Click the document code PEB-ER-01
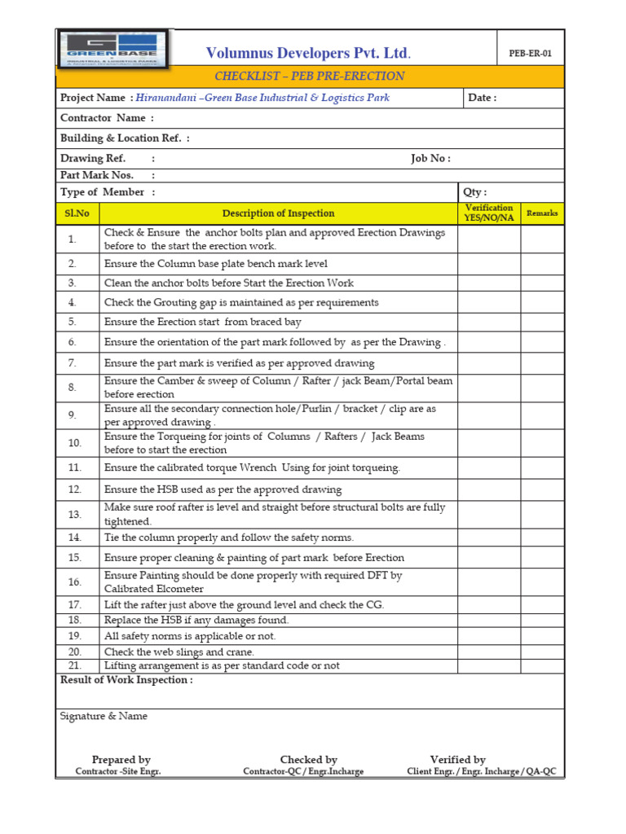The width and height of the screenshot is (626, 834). click(x=531, y=54)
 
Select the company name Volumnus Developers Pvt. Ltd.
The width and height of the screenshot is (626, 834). click(x=308, y=54)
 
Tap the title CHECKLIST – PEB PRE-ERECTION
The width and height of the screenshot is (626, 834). click(x=309, y=77)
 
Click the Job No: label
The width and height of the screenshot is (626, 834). click(x=430, y=159)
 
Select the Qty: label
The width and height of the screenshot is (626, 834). click(x=475, y=192)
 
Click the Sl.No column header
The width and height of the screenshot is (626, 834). click(x=77, y=213)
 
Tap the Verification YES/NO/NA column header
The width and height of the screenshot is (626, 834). click(x=488, y=213)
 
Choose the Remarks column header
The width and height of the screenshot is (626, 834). click(x=542, y=213)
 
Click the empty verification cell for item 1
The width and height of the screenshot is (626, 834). click(x=489, y=239)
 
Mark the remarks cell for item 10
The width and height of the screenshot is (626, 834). click(x=542, y=443)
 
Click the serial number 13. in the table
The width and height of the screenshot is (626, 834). click(x=75, y=515)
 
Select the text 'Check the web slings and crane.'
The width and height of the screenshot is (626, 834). click(x=179, y=652)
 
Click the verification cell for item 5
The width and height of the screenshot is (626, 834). click(x=489, y=322)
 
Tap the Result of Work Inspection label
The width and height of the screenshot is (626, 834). click(x=126, y=680)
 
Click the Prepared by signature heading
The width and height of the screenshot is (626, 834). click(x=121, y=760)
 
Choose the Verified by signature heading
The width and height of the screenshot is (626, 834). click(x=458, y=760)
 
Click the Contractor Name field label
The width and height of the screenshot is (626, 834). click(x=107, y=118)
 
